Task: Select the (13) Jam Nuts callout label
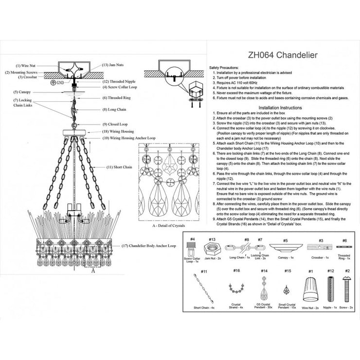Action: pos(113,65)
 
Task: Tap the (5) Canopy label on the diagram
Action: pos(22,92)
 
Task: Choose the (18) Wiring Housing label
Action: pos(116,132)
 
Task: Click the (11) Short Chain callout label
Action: pos(120,167)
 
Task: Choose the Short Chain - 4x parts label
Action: pos(204,307)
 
